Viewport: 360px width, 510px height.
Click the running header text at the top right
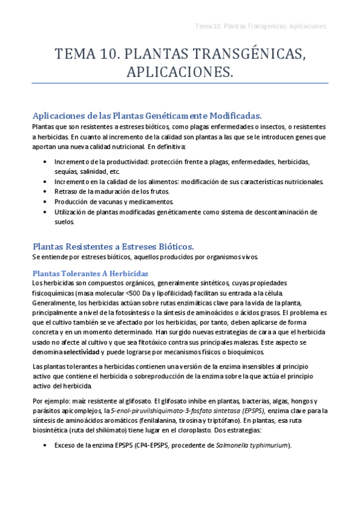pos(261,26)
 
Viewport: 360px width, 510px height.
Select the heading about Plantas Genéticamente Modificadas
pos(147,115)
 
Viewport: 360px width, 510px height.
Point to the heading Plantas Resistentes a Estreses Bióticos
pos(113,246)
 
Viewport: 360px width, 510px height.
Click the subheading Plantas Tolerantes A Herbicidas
pos(90,273)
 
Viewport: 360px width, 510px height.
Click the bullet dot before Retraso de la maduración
pos(46,192)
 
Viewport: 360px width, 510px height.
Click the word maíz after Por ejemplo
pos(79,401)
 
